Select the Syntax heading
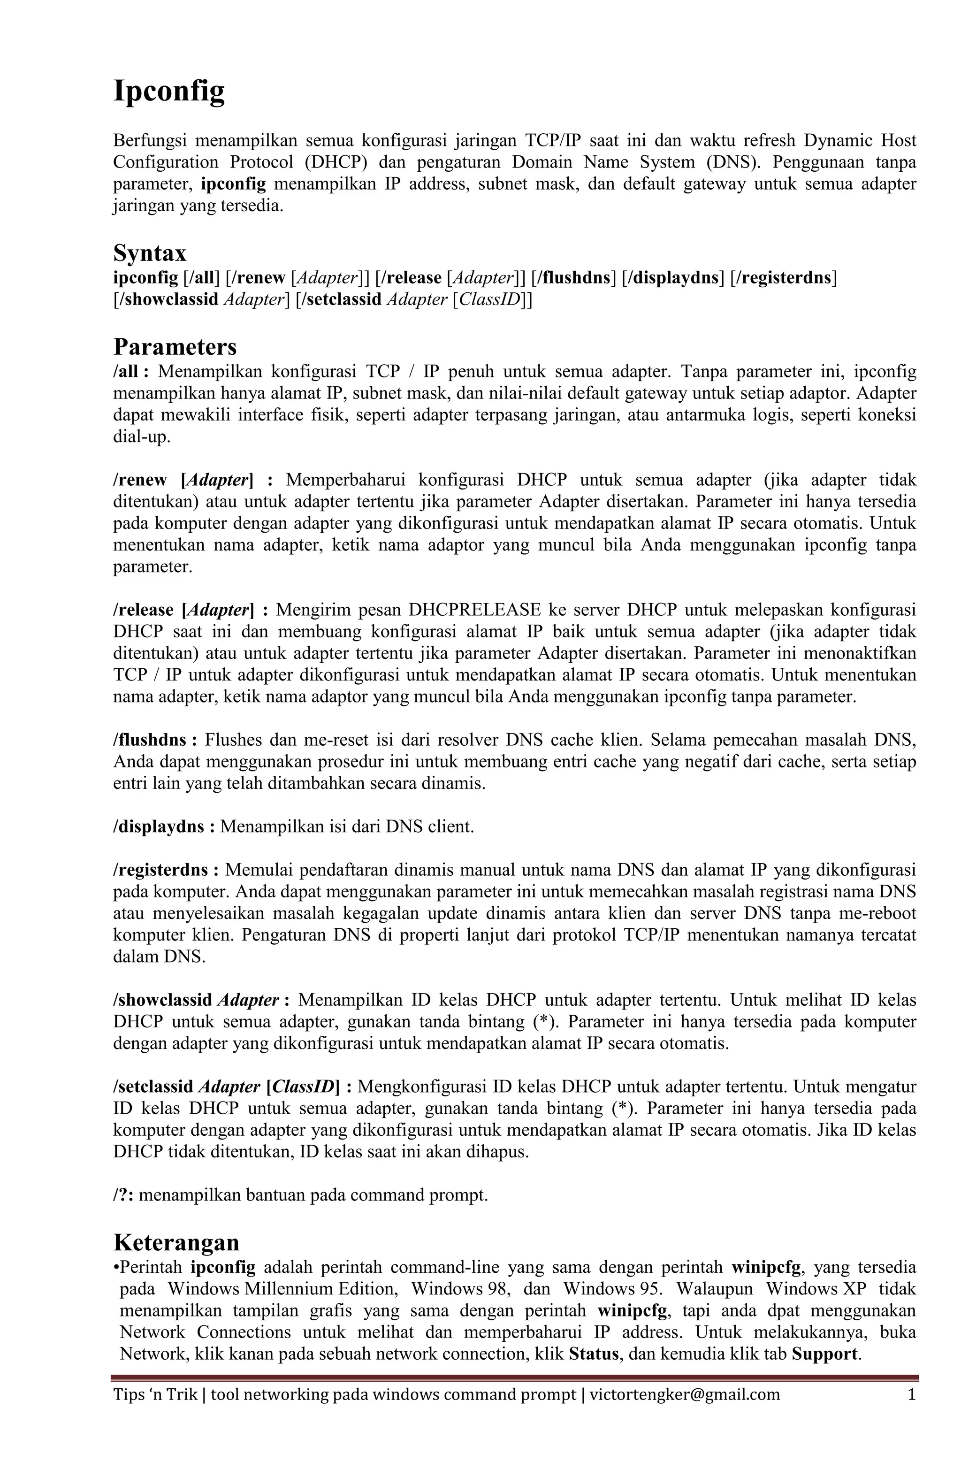pyautogui.click(x=149, y=253)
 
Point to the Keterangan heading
pyautogui.click(x=176, y=1242)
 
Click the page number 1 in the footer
pyautogui.click(x=912, y=1395)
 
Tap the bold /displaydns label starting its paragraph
pyautogui.click(x=159, y=826)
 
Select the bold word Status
pyautogui.click(x=594, y=1354)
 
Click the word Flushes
pyautogui.click(x=235, y=740)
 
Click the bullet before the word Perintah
pyautogui.click(x=116, y=1268)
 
